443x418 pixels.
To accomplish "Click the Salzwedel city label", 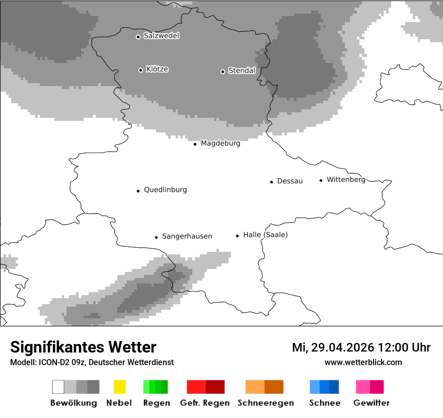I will click(x=161, y=36).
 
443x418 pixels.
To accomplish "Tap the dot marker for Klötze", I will click(x=140, y=70).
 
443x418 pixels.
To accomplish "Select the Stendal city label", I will click(x=242, y=71).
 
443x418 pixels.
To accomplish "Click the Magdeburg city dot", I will click(x=195, y=144).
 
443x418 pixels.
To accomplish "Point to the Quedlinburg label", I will click(x=165, y=190).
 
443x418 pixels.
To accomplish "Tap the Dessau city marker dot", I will click(x=271, y=182).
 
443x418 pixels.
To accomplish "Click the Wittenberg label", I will click(x=346, y=180).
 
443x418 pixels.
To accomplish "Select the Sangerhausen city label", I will click(x=187, y=236).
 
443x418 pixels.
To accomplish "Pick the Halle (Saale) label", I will click(x=265, y=235).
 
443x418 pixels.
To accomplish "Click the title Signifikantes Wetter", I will click(x=83, y=347).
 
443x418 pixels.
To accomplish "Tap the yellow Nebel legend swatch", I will click(x=119, y=387).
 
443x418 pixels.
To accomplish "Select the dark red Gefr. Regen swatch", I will click(x=215, y=387).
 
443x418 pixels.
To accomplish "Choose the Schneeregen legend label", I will click(x=266, y=403).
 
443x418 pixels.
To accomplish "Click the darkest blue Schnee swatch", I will click(x=334, y=387).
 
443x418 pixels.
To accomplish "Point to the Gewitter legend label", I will click(x=372, y=403).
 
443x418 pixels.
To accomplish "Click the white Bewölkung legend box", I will click(x=58, y=387).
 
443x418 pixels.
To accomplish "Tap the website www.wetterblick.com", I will click(x=363, y=362).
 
